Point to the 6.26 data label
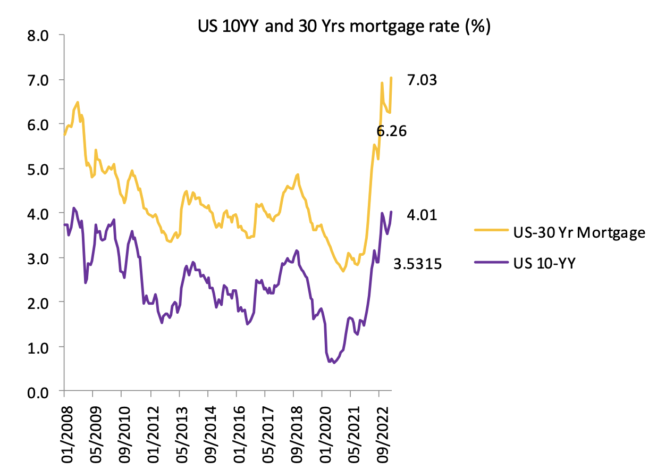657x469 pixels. point(391,131)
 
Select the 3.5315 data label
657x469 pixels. point(418,263)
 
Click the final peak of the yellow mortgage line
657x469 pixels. point(391,78)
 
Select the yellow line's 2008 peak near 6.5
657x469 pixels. point(78,102)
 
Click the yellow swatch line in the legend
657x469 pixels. point(491,232)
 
